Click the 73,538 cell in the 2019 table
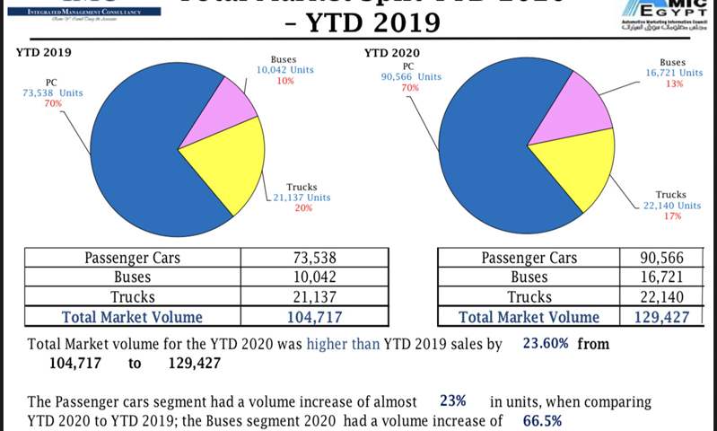[308, 258]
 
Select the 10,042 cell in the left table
[308, 277]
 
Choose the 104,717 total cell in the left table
[308, 316]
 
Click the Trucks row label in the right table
[529, 296]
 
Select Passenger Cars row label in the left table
[132, 258]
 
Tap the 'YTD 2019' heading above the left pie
[44, 51]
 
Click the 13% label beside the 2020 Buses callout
[673, 84]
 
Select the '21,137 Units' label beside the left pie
[303, 198]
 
